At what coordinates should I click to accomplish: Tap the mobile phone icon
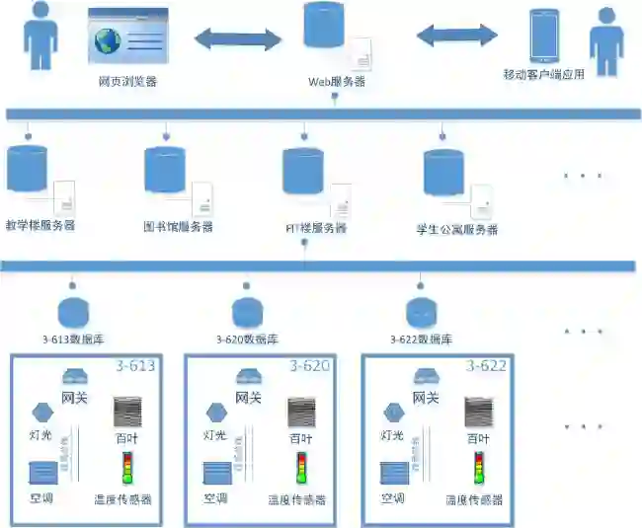click(544, 37)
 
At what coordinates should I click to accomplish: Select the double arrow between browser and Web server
click(238, 39)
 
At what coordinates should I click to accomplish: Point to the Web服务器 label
click(337, 82)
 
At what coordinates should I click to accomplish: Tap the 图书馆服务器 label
click(178, 227)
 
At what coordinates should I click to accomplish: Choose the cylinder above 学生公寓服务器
click(444, 173)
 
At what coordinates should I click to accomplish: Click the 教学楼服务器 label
click(40, 225)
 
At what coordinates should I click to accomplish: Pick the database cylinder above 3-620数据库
click(248, 313)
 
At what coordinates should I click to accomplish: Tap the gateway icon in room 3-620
click(249, 376)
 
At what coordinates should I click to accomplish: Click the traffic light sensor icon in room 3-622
click(479, 467)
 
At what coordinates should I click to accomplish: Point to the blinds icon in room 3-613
click(127, 412)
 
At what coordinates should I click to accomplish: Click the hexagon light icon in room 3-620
click(212, 412)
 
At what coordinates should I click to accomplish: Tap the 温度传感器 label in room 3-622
click(473, 500)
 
